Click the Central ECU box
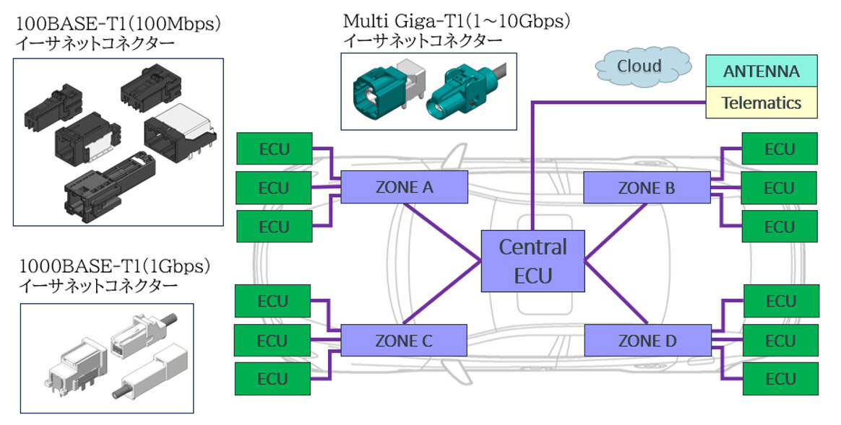pos(532,261)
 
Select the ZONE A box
pos(405,187)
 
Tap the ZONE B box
pos(647,188)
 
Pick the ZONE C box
pos(404,341)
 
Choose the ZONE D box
pos(647,341)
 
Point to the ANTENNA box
pos(762,71)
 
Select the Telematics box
pos(762,102)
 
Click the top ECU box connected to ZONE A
pos(275,149)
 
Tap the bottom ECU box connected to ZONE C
pos(272,379)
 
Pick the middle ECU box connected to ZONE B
pos(779,188)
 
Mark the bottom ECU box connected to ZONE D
pos(781,379)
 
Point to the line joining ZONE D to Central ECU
pos(615,292)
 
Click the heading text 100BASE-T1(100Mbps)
pos(118,24)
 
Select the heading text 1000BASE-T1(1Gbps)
pos(114,266)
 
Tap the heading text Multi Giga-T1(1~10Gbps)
pos(457,21)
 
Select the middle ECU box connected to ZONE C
pos(272,341)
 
